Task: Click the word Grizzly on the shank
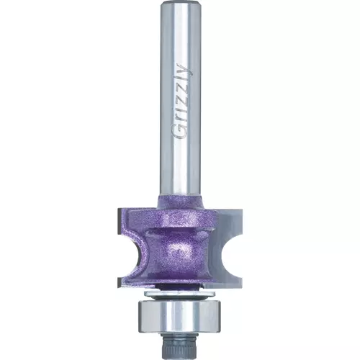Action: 183,102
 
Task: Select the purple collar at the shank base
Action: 181,201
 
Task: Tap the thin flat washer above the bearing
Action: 179,293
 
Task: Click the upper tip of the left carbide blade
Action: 118,210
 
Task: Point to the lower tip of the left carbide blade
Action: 119,286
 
